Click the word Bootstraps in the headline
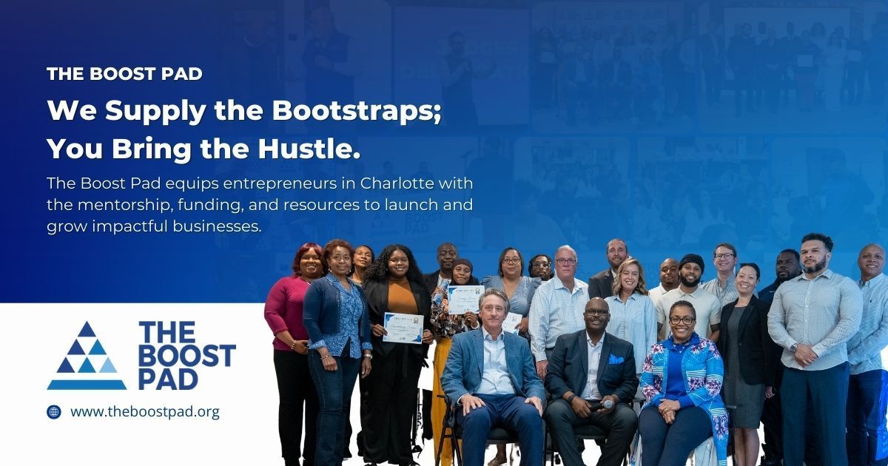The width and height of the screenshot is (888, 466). tap(357, 111)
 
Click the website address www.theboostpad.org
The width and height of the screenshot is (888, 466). tap(145, 412)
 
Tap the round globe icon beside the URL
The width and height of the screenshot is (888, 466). tap(54, 412)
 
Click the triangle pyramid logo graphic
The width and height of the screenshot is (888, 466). tap(87, 356)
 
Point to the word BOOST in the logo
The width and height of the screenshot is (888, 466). tap(186, 355)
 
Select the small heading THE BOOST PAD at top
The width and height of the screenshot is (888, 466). tap(124, 74)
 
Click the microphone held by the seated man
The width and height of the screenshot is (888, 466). tap(602, 405)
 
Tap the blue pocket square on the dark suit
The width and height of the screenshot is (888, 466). tap(616, 359)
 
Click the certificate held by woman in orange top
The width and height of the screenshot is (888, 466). tap(403, 328)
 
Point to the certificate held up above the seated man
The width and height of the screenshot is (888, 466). tap(465, 300)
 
